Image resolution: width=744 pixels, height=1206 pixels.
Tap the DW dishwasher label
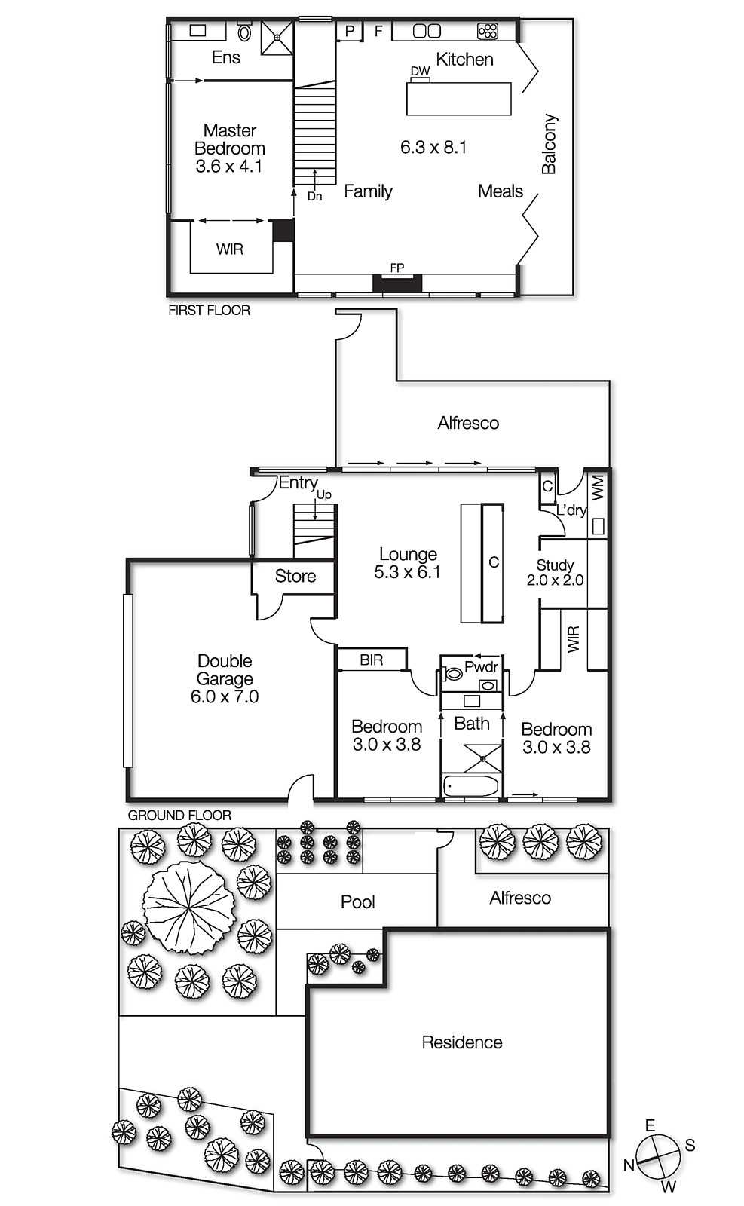(420, 72)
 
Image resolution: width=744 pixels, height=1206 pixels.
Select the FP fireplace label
(396, 268)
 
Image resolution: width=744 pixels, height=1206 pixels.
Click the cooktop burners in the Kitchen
(488, 31)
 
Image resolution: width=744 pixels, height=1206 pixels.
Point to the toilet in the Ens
(244, 32)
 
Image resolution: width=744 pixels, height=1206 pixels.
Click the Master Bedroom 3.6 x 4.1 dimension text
(229, 167)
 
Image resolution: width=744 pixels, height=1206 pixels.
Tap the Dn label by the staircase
(314, 196)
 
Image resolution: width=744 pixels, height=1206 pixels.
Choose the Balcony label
(549, 144)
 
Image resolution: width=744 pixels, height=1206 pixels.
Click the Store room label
(295, 577)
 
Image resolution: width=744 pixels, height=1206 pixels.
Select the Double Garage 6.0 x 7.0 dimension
(225, 697)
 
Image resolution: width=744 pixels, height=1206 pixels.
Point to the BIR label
(371, 660)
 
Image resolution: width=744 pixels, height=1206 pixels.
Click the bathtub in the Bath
(471, 786)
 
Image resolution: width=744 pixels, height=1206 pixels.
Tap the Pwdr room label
(481, 667)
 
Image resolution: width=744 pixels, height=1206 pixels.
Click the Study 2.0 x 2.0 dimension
(555, 580)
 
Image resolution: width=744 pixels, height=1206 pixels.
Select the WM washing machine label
(598, 487)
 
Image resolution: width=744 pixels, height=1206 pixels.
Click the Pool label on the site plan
(357, 902)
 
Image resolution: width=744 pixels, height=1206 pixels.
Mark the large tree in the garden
(188, 908)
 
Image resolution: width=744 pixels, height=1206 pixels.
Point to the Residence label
(461, 1042)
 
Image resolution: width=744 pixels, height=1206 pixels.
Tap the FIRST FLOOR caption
(209, 310)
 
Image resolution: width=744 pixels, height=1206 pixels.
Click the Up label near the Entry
(323, 495)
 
